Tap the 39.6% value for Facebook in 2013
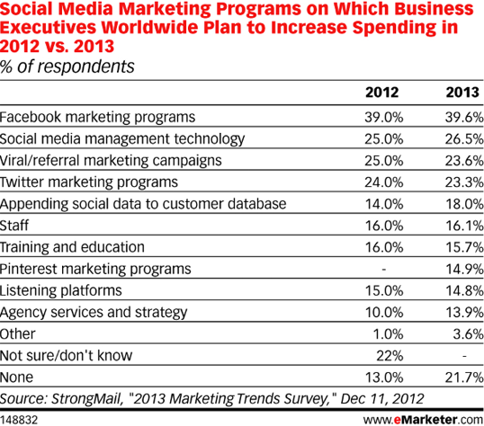pos(459,117)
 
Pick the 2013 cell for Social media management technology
pos(459,138)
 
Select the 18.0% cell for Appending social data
pos(459,204)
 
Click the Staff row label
pos(15,226)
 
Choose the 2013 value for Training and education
pos(459,247)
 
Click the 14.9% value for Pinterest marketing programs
pos(459,269)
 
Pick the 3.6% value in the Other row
pos(462,334)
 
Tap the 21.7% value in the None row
pos(459,377)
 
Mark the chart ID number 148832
pos(20,418)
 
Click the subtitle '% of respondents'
pos(67,67)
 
